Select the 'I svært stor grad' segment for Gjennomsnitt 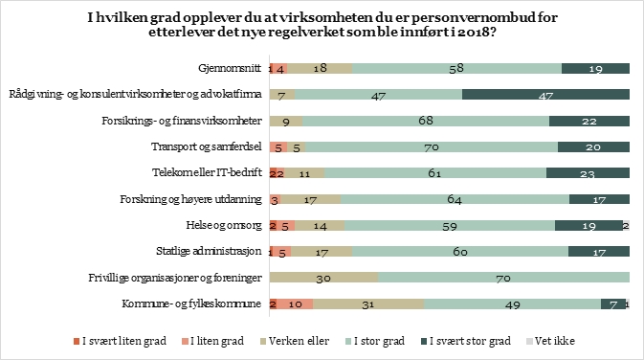(595, 68)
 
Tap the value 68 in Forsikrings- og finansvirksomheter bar (426, 121)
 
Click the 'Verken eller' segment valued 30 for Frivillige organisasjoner (324, 278)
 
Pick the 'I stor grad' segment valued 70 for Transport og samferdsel (433, 146)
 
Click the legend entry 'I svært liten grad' (118, 341)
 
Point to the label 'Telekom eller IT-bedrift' (210, 172)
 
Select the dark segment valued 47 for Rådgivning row (545, 95)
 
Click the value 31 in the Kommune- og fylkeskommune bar (368, 304)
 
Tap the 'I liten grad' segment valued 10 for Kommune (296, 304)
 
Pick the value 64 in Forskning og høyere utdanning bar (455, 199)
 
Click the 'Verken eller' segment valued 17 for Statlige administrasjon (322, 251)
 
